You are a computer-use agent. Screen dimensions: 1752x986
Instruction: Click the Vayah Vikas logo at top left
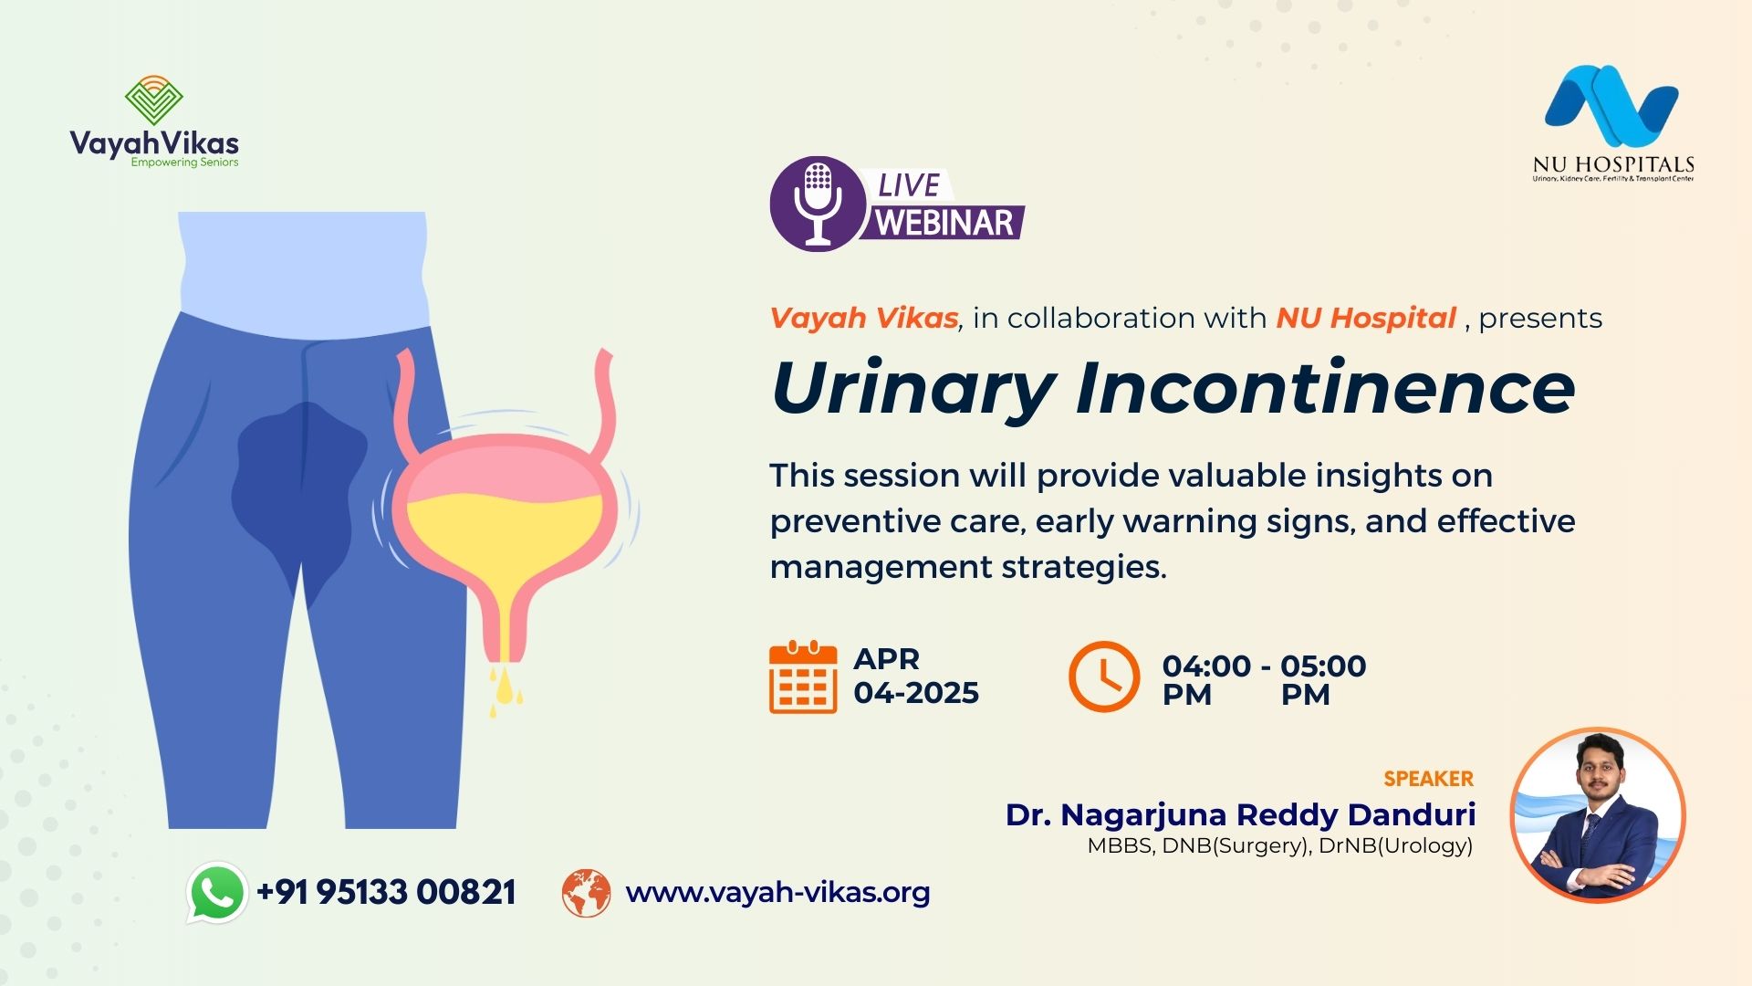(x=154, y=122)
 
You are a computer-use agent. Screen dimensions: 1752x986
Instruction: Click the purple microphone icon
(x=818, y=204)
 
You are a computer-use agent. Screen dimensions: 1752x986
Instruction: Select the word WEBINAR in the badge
(x=944, y=223)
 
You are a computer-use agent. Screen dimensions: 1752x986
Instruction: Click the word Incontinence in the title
(x=1326, y=388)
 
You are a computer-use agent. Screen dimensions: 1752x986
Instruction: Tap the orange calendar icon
(x=803, y=677)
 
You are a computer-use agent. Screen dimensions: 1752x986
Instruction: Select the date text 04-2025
(x=916, y=693)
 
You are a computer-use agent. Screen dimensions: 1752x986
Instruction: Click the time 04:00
(x=1206, y=666)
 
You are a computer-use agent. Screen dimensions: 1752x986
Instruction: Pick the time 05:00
(x=1323, y=666)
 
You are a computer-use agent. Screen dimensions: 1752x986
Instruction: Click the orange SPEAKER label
(x=1428, y=779)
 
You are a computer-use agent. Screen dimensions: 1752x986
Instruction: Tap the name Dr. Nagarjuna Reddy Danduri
(x=1240, y=814)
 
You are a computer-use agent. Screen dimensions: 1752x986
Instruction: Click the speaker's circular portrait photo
(x=1598, y=815)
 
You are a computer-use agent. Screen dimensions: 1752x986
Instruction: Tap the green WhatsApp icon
(x=217, y=892)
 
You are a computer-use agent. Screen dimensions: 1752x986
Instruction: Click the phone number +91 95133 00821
(x=386, y=892)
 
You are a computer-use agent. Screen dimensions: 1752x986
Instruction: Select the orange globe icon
(x=586, y=893)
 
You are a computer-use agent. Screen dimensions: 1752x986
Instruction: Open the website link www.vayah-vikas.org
(x=777, y=892)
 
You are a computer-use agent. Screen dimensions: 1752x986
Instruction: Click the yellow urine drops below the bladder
(x=505, y=690)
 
